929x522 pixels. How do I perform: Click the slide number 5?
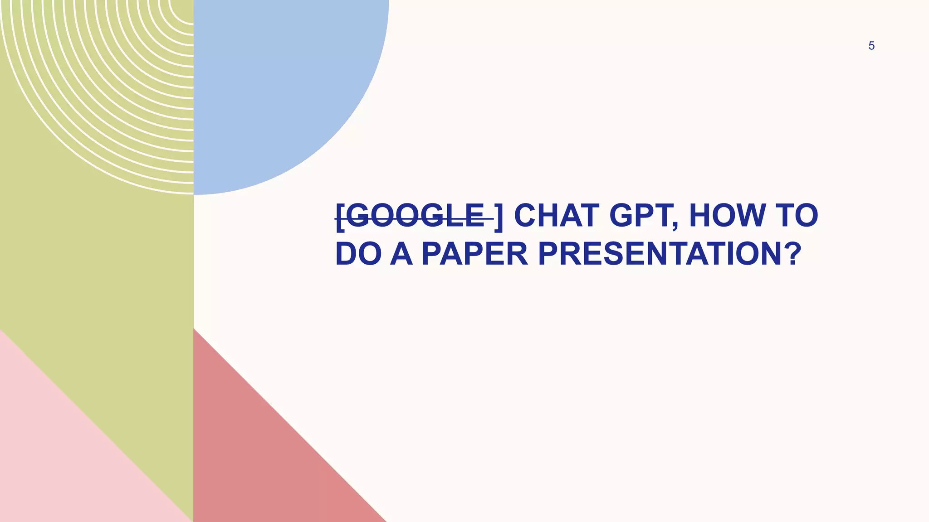[871, 46]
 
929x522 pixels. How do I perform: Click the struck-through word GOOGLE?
[416, 216]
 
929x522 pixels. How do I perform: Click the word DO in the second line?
[358, 254]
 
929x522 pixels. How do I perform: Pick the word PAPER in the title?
[474, 254]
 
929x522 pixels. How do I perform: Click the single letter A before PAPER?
[401, 254]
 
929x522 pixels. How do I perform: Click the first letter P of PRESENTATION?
[548, 254]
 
